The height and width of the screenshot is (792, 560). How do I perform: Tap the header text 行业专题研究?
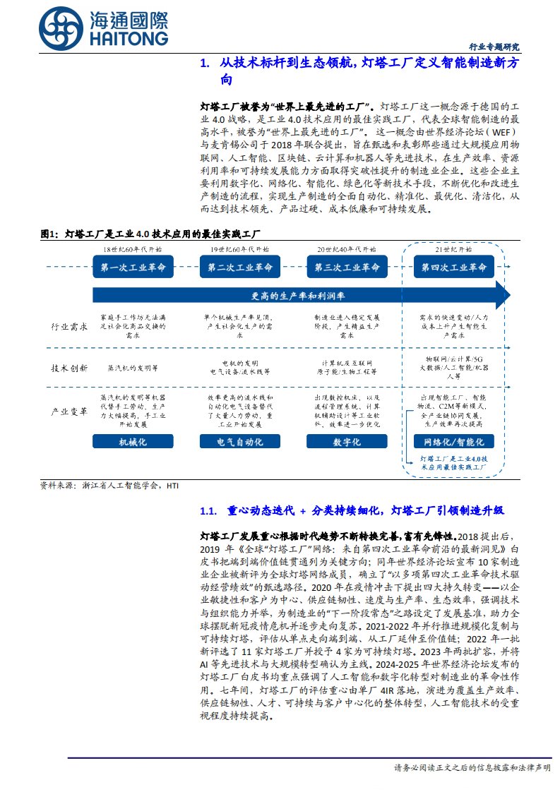pyautogui.click(x=494, y=47)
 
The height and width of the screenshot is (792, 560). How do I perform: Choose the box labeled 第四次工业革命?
pyautogui.click(x=453, y=268)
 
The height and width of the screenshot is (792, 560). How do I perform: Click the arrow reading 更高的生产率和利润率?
pyautogui.click(x=301, y=294)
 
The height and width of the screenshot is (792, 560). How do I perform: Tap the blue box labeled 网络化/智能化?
pyautogui.click(x=453, y=442)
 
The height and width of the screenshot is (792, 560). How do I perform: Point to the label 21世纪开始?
pyautogui.click(x=453, y=250)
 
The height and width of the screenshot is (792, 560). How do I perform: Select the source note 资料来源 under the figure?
pyautogui.click(x=110, y=486)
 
